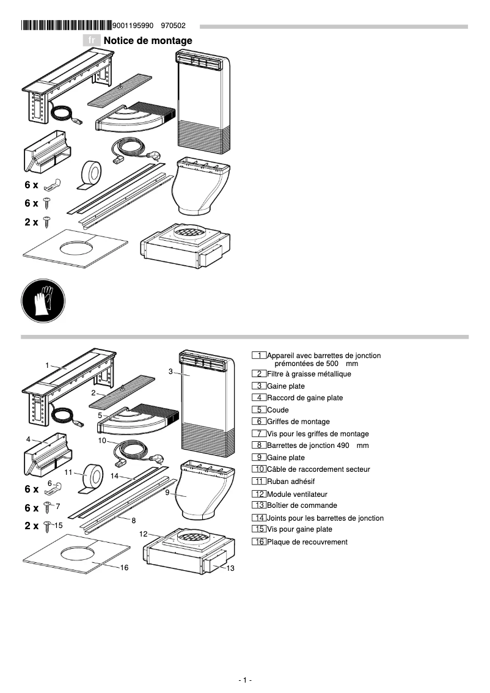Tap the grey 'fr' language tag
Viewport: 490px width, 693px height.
92,40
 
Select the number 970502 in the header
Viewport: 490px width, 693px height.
173,26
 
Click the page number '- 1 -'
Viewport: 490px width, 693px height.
244,680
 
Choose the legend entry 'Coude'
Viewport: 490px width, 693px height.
277,410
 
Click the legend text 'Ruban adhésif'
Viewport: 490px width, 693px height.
290,482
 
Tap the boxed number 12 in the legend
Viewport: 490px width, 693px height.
259,494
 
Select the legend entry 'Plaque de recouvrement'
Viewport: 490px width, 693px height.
307,542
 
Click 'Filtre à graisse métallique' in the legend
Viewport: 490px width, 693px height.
309,374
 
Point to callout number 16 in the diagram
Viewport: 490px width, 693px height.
124,568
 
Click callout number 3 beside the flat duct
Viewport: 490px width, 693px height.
170,372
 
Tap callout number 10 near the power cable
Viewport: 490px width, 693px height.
102,440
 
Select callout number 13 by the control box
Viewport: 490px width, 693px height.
230,569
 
